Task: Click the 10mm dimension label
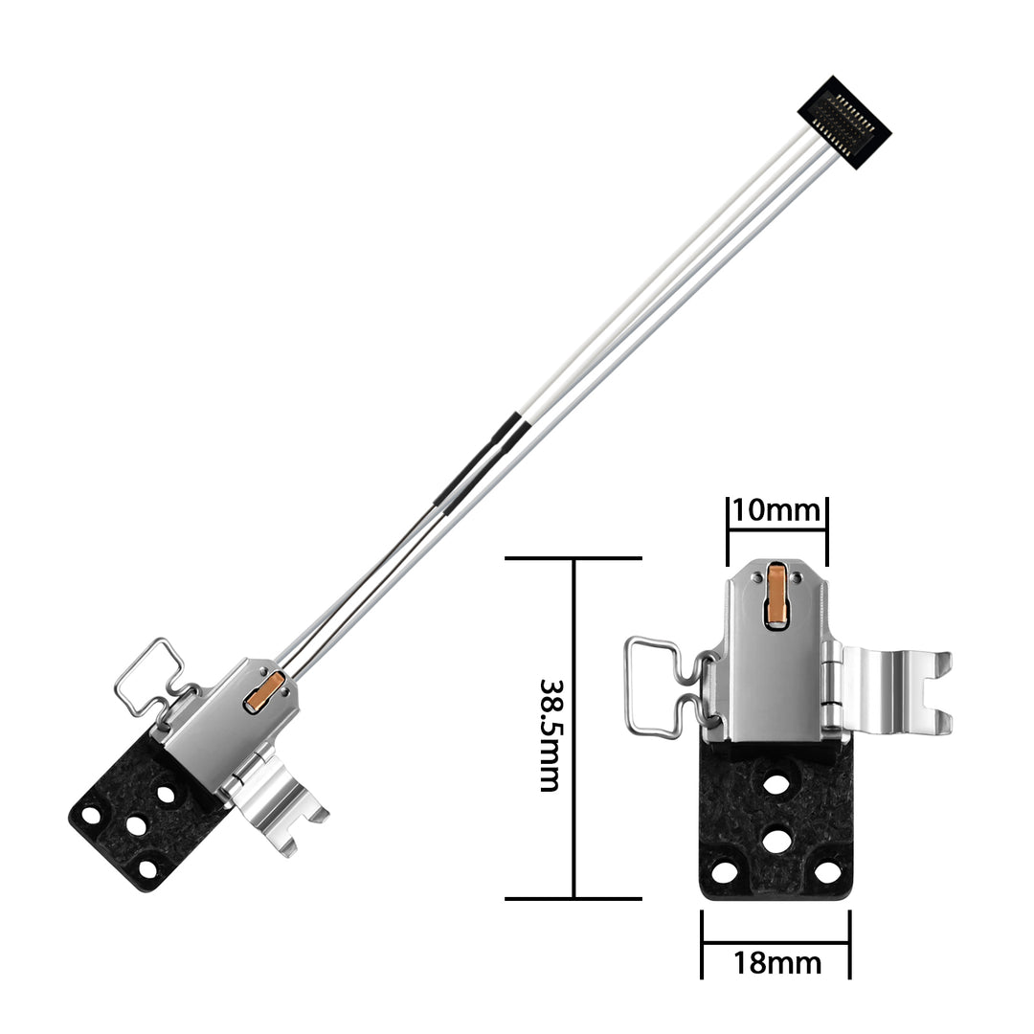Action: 776,510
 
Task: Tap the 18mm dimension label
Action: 776,962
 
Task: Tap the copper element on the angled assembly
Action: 265,692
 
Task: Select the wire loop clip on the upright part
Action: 661,685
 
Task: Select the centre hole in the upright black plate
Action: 776,840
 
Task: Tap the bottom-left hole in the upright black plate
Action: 725,872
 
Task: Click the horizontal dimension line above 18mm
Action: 775,942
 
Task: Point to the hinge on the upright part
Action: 831,687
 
